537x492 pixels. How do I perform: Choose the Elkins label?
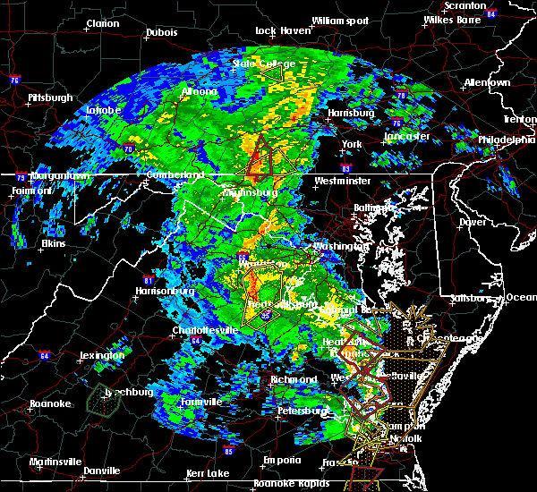coord(54,243)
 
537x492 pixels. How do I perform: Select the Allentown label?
coord(487,82)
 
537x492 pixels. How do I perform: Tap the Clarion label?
coord(103,23)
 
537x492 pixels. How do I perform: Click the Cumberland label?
coord(175,174)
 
